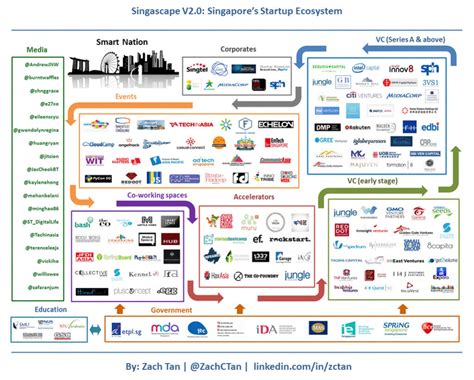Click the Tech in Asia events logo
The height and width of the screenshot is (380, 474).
pyautogui.click(x=193, y=124)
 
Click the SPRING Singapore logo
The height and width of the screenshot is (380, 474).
pyautogui.click(x=393, y=326)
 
